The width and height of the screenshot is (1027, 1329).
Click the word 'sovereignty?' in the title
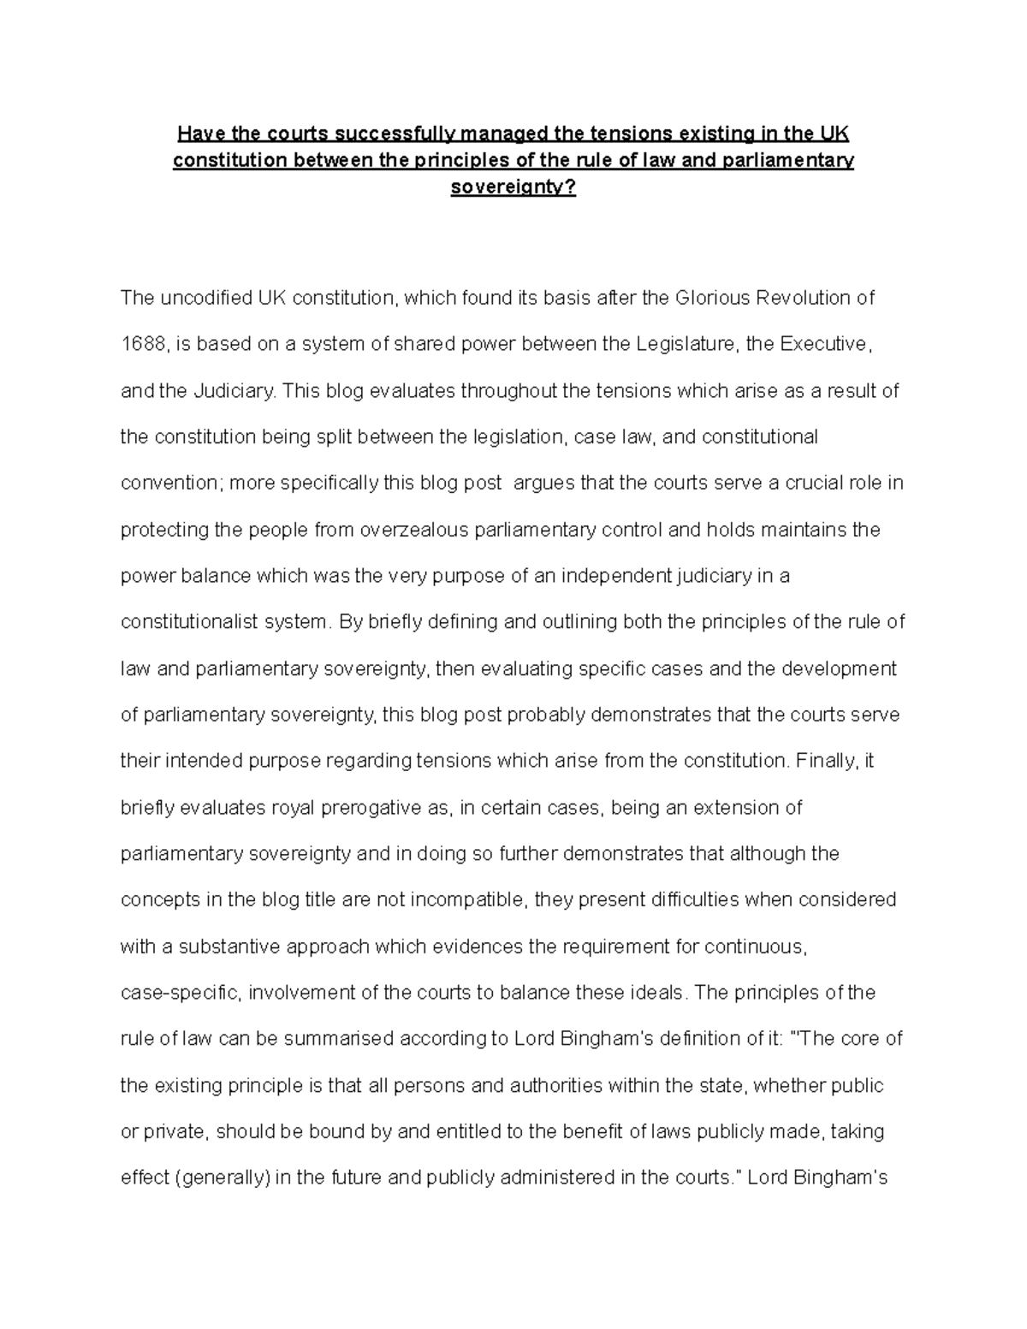[513, 187]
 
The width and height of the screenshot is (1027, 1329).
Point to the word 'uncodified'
[203, 299]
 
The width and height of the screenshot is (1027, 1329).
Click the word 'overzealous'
[425, 530]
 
